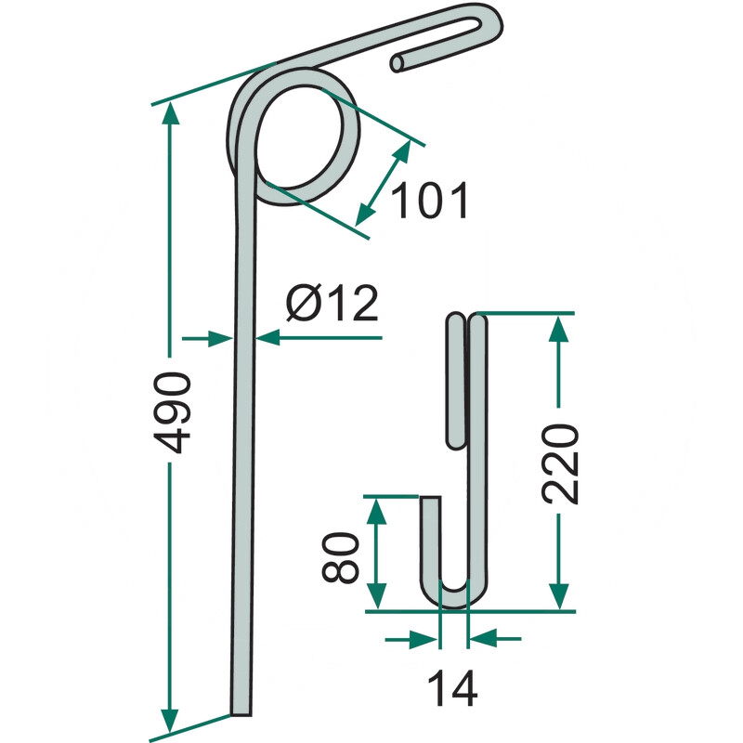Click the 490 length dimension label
click(173, 412)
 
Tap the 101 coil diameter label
click(430, 201)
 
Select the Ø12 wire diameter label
click(332, 304)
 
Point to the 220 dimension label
click(560, 463)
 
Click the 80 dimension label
click(339, 556)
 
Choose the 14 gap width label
click(452, 688)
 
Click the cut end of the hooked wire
click(398, 63)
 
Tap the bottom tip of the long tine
click(241, 712)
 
